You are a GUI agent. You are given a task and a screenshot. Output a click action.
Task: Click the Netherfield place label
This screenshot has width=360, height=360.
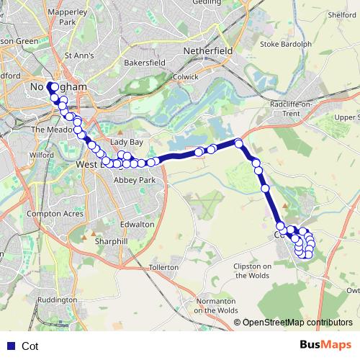(208, 52)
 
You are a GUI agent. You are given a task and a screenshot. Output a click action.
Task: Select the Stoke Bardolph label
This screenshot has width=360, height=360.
(286, 44)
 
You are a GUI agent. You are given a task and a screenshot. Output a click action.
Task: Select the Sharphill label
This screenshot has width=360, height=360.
(111, 241)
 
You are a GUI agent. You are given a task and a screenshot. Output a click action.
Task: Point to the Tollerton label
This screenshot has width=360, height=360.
(163, 267)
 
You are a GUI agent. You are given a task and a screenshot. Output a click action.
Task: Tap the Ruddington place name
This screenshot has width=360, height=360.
(57, 300)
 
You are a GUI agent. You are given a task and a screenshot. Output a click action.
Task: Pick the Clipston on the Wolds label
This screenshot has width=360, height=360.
(252, 271)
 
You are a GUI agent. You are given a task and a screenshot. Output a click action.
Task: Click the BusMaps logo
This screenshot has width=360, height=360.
(325, 346)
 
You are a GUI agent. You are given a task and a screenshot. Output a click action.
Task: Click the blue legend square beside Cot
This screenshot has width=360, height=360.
(9, 346)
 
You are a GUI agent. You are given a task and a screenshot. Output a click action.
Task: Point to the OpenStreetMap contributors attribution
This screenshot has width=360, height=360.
(297, 323)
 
